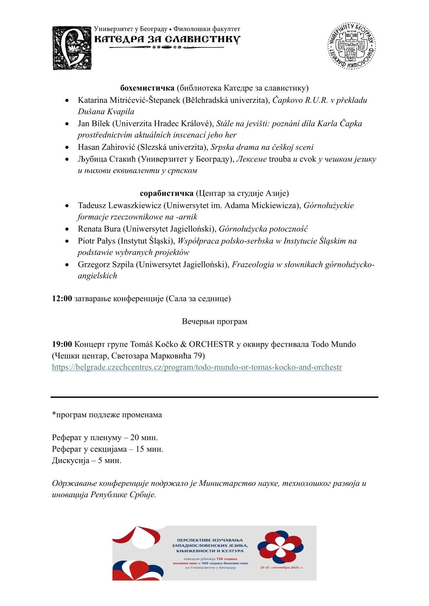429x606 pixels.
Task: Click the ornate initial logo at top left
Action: (x=72, y=48)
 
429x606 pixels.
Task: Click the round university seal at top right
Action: (x=351, y=46)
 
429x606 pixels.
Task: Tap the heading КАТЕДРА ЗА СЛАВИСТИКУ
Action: (x=167, y=39)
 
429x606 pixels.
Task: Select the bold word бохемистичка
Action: (x=147, y=88)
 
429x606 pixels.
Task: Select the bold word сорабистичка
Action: (x=166, y=193)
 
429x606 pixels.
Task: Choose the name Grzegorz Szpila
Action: (x=106, y=264)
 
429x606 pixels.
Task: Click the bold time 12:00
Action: (x=62, y=298)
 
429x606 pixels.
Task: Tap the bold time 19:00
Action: (x=62, y=344)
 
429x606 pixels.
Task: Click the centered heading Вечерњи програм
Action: (x=214, y=321)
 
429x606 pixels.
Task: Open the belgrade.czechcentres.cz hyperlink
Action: (x=197, y=367)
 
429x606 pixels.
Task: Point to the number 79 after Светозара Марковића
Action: (x=200, y=356)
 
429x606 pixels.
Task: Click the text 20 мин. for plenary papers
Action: (x=144, y=438)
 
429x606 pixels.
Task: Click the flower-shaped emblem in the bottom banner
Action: (x=280, y=547)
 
